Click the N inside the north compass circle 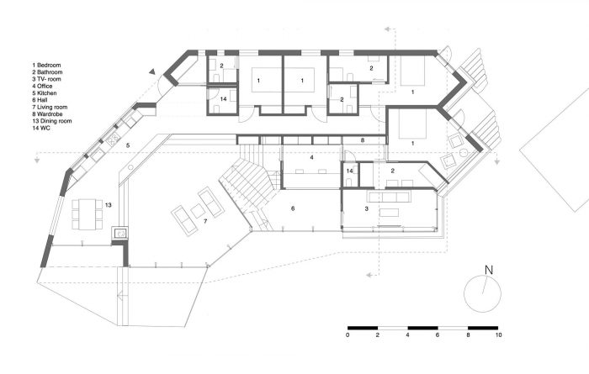coord(487,271)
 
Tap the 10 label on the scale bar coord(499,335)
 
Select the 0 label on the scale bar coord(348,335)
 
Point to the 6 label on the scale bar coord(438,335)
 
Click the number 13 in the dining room coord(109,205)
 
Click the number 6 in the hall coord(293,208)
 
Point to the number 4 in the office coord(311,157)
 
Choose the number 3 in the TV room coord(367,208)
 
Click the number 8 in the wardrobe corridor coord(362,140)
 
